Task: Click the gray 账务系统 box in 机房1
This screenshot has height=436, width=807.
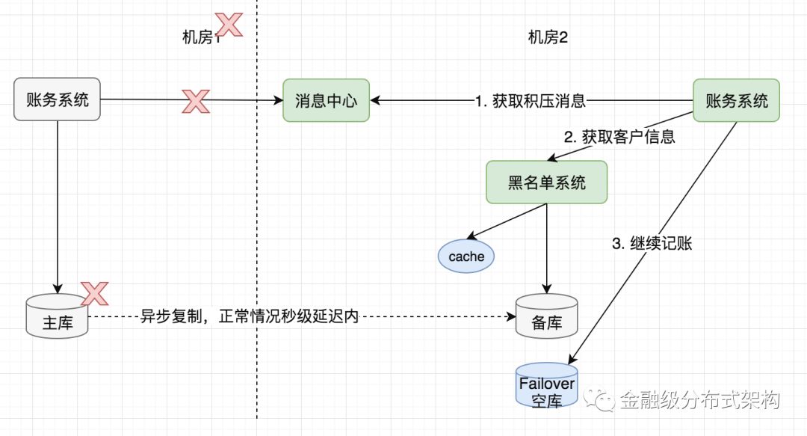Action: [x=58, y=99]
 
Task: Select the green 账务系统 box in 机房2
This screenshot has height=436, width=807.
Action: [x=736, y=100]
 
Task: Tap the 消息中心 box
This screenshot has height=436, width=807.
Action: [x=326, y=100]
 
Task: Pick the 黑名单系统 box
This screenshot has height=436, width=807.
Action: [x=546, y=182]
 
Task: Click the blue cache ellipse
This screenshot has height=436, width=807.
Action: [x=466, y=257]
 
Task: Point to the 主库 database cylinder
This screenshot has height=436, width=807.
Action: [x=57, y=317]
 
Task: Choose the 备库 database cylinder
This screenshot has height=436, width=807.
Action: [x=546, y=317]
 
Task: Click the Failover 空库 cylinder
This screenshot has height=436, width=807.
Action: [x=546, y=384]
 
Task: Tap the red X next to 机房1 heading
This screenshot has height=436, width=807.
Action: [x=228, y=25]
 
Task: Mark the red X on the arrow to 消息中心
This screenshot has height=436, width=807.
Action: [x=196, y=100]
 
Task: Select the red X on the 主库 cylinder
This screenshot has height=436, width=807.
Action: [x=95, y=294]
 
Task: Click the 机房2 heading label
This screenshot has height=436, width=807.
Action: [x=548, y=37]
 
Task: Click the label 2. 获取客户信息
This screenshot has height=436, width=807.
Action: [x=619, y=137]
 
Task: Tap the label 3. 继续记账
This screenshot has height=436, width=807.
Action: [x=652, y=244]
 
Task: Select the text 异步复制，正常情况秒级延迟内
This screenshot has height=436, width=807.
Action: [x=250, y=317]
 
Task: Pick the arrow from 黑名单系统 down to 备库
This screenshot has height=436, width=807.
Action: [x=546, y=247]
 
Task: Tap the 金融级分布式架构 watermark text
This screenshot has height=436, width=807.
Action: [x=699, y=400]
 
